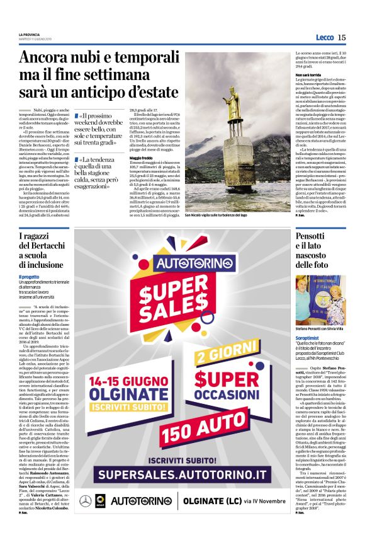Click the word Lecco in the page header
click(325, 38)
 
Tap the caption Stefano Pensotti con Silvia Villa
click(318, 328)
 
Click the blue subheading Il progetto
click(29, 276)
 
